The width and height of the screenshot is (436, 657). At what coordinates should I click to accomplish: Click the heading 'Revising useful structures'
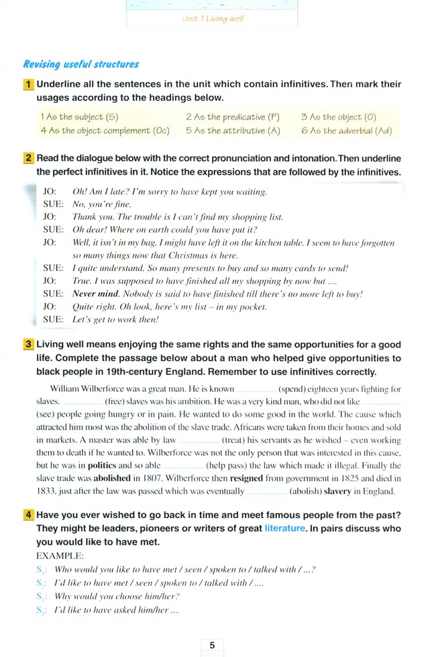tap(80, 65)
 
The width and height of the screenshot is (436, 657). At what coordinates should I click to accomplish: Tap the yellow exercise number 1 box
tap(29, 85)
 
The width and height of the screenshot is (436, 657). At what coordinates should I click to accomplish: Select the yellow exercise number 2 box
tap(29, 158)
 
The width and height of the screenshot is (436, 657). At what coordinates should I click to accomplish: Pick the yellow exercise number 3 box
tap(29, 344)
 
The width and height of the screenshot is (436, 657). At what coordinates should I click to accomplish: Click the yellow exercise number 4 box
tap(29, 515)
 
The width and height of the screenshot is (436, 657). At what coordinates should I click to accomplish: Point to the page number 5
tap(213, 645)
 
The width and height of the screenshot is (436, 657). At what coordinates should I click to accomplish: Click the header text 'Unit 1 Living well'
tap(213, 19)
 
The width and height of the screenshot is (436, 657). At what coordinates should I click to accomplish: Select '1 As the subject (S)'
tap(78, 117)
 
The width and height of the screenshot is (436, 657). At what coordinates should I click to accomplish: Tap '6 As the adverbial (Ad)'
tap(346, 131)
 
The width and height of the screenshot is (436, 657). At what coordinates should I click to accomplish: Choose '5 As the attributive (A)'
tap(233, 131)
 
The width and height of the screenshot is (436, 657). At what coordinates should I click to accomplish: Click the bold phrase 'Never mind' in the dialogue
tap(95, 294)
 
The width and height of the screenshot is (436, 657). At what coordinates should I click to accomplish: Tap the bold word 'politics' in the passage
tap(102, 465)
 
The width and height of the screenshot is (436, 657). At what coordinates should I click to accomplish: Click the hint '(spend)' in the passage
tap(295, 389)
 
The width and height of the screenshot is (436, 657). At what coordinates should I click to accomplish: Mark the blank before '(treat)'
tap(199, 440)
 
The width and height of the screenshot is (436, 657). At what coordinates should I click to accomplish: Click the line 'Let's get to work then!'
tap(115, 319)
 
